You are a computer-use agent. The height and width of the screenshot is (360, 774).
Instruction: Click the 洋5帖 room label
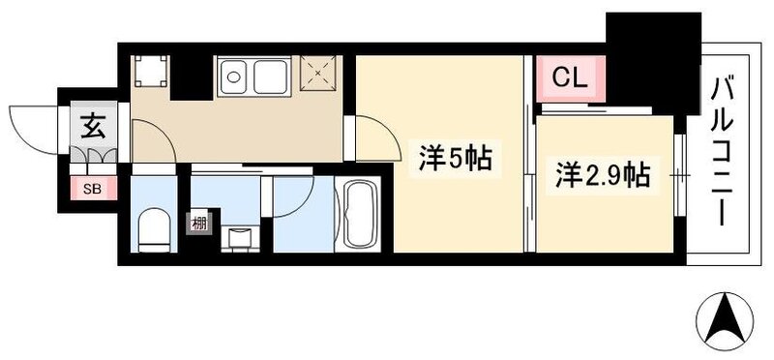point(455,159)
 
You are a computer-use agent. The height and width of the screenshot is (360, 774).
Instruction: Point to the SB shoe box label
point(93,188)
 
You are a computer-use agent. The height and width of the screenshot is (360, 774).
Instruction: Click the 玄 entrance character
point(93,126)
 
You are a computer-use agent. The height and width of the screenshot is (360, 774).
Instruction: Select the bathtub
point(360,217)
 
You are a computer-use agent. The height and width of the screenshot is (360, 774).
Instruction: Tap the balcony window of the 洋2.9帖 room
point(681,175)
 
